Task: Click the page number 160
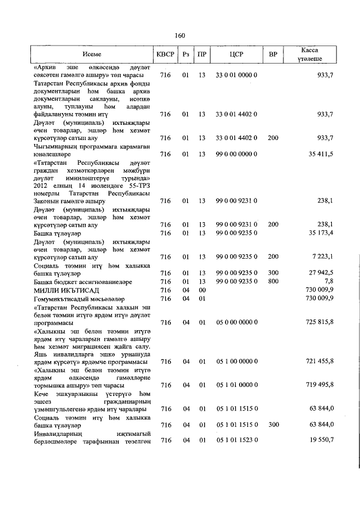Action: coord(180,35)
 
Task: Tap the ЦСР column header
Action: coord(236,55)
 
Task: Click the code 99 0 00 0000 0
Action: coord(236,154)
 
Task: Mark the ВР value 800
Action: coord(273,281)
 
